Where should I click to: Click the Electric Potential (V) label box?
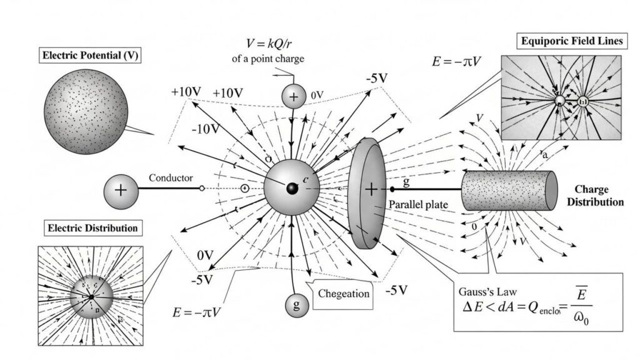click(90, 56)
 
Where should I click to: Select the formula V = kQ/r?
click(276, 45)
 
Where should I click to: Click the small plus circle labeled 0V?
click(292, 96)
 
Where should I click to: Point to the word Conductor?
click(171, 178)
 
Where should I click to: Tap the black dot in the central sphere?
click(291, 188)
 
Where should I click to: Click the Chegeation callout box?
click(344, 293)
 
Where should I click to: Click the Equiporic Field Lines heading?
click(571, 42)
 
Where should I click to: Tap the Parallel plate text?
click(417, 204)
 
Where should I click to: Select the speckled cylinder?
click(509, 190)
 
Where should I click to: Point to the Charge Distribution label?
click(598, 196)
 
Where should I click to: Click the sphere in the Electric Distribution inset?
click(91, 294)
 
